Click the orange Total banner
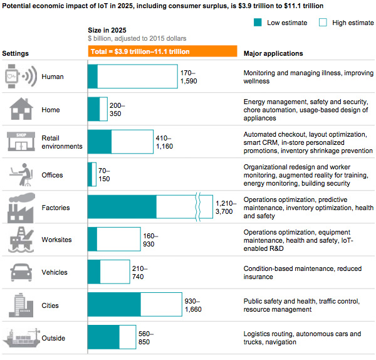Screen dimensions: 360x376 [x=162, y=51]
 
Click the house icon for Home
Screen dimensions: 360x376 [x=21, y=109]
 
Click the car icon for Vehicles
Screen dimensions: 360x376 [x=21, y=272]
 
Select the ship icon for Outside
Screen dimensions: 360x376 [x=21, y=338]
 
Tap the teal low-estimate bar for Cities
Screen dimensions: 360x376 [x=123, y=305]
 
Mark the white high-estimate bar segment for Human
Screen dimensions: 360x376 [x=137, y=77]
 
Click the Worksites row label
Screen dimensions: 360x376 [x=57, y=240]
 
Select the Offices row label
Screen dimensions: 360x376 [x=53, y=175]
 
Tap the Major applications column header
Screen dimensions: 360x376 [x=273, y=53]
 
